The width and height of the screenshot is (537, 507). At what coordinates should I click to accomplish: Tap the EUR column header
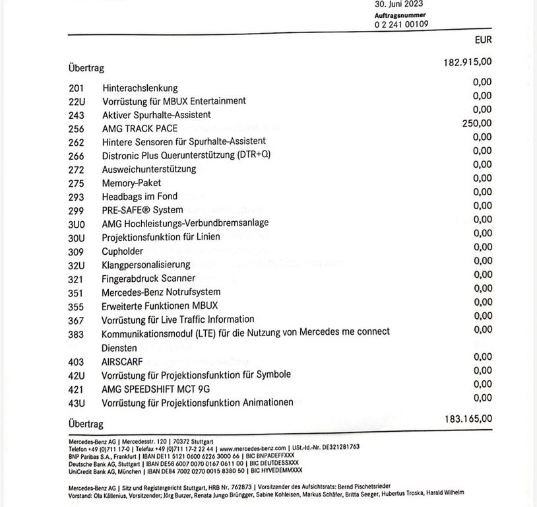coord(483,40)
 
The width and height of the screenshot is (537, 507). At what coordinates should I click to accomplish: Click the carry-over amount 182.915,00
coord(468,62)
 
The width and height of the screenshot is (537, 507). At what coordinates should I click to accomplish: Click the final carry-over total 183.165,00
coord(468,418)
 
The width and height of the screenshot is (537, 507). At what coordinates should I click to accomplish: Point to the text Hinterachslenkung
coord(140,88)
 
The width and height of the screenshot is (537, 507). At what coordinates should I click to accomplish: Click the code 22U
coord(77,102)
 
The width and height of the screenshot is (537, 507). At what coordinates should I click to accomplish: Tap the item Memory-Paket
coord(131,183)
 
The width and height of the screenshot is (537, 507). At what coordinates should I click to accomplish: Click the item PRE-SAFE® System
coord(142,210)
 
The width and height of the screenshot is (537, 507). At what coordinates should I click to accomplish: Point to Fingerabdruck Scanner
coord(148,279)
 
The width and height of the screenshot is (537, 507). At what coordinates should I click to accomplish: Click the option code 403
coord(77,362)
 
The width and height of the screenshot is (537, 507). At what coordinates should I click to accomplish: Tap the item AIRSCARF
coord(123,362)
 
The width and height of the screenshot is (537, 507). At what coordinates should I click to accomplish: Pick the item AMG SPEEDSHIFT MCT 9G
coord(157,389)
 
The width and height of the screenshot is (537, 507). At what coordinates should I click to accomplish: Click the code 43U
coord(77,403)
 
